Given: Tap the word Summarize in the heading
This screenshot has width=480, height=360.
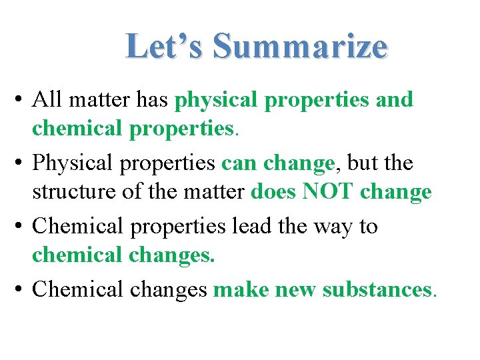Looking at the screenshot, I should pyautogui.click(x=300, y=47).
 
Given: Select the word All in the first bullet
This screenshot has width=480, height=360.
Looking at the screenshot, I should pyautogui.click(x=47, y=100).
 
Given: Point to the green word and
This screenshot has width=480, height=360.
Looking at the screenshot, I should pyautogui.click(x=394, y=100).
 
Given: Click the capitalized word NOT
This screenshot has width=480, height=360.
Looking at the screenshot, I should pyautogui.click(x=328, y=193).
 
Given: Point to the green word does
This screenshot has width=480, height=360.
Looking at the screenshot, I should pyautogui.click(x=273, y=193).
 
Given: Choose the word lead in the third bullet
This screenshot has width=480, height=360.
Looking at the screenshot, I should pyautogui.click(x=248, y=227).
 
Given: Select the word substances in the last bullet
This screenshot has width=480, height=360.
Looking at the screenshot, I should pyautogui.click(x=377, y=290).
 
